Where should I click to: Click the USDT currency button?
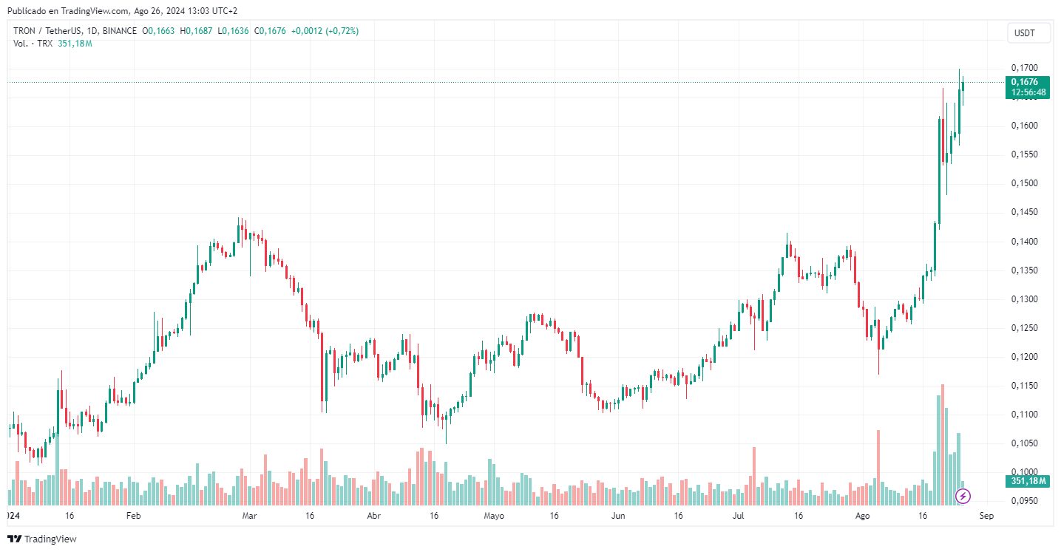tap(1024, 33)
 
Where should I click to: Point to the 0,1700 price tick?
tap(1023, 68)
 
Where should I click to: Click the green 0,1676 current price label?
tap(1028, 82)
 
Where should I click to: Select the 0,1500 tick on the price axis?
tap(1023, 183)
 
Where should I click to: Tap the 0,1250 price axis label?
tap(1023, 328)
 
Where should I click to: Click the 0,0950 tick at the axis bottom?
tap(1023, 501)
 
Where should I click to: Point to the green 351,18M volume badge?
tap(1028, 481)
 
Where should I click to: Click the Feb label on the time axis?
tap(133, 515)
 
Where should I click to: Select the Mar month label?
tap(250, 515)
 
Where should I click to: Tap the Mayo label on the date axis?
tap(493, 515)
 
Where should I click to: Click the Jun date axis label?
tap(618, 515)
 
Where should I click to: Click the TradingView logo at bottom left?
tap(43, 539)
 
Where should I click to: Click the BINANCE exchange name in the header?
tap(119, 31)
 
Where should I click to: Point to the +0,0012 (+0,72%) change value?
tap(325, 31)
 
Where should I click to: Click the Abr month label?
tap(374, 515)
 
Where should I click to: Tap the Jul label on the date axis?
tap(739, 515)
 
